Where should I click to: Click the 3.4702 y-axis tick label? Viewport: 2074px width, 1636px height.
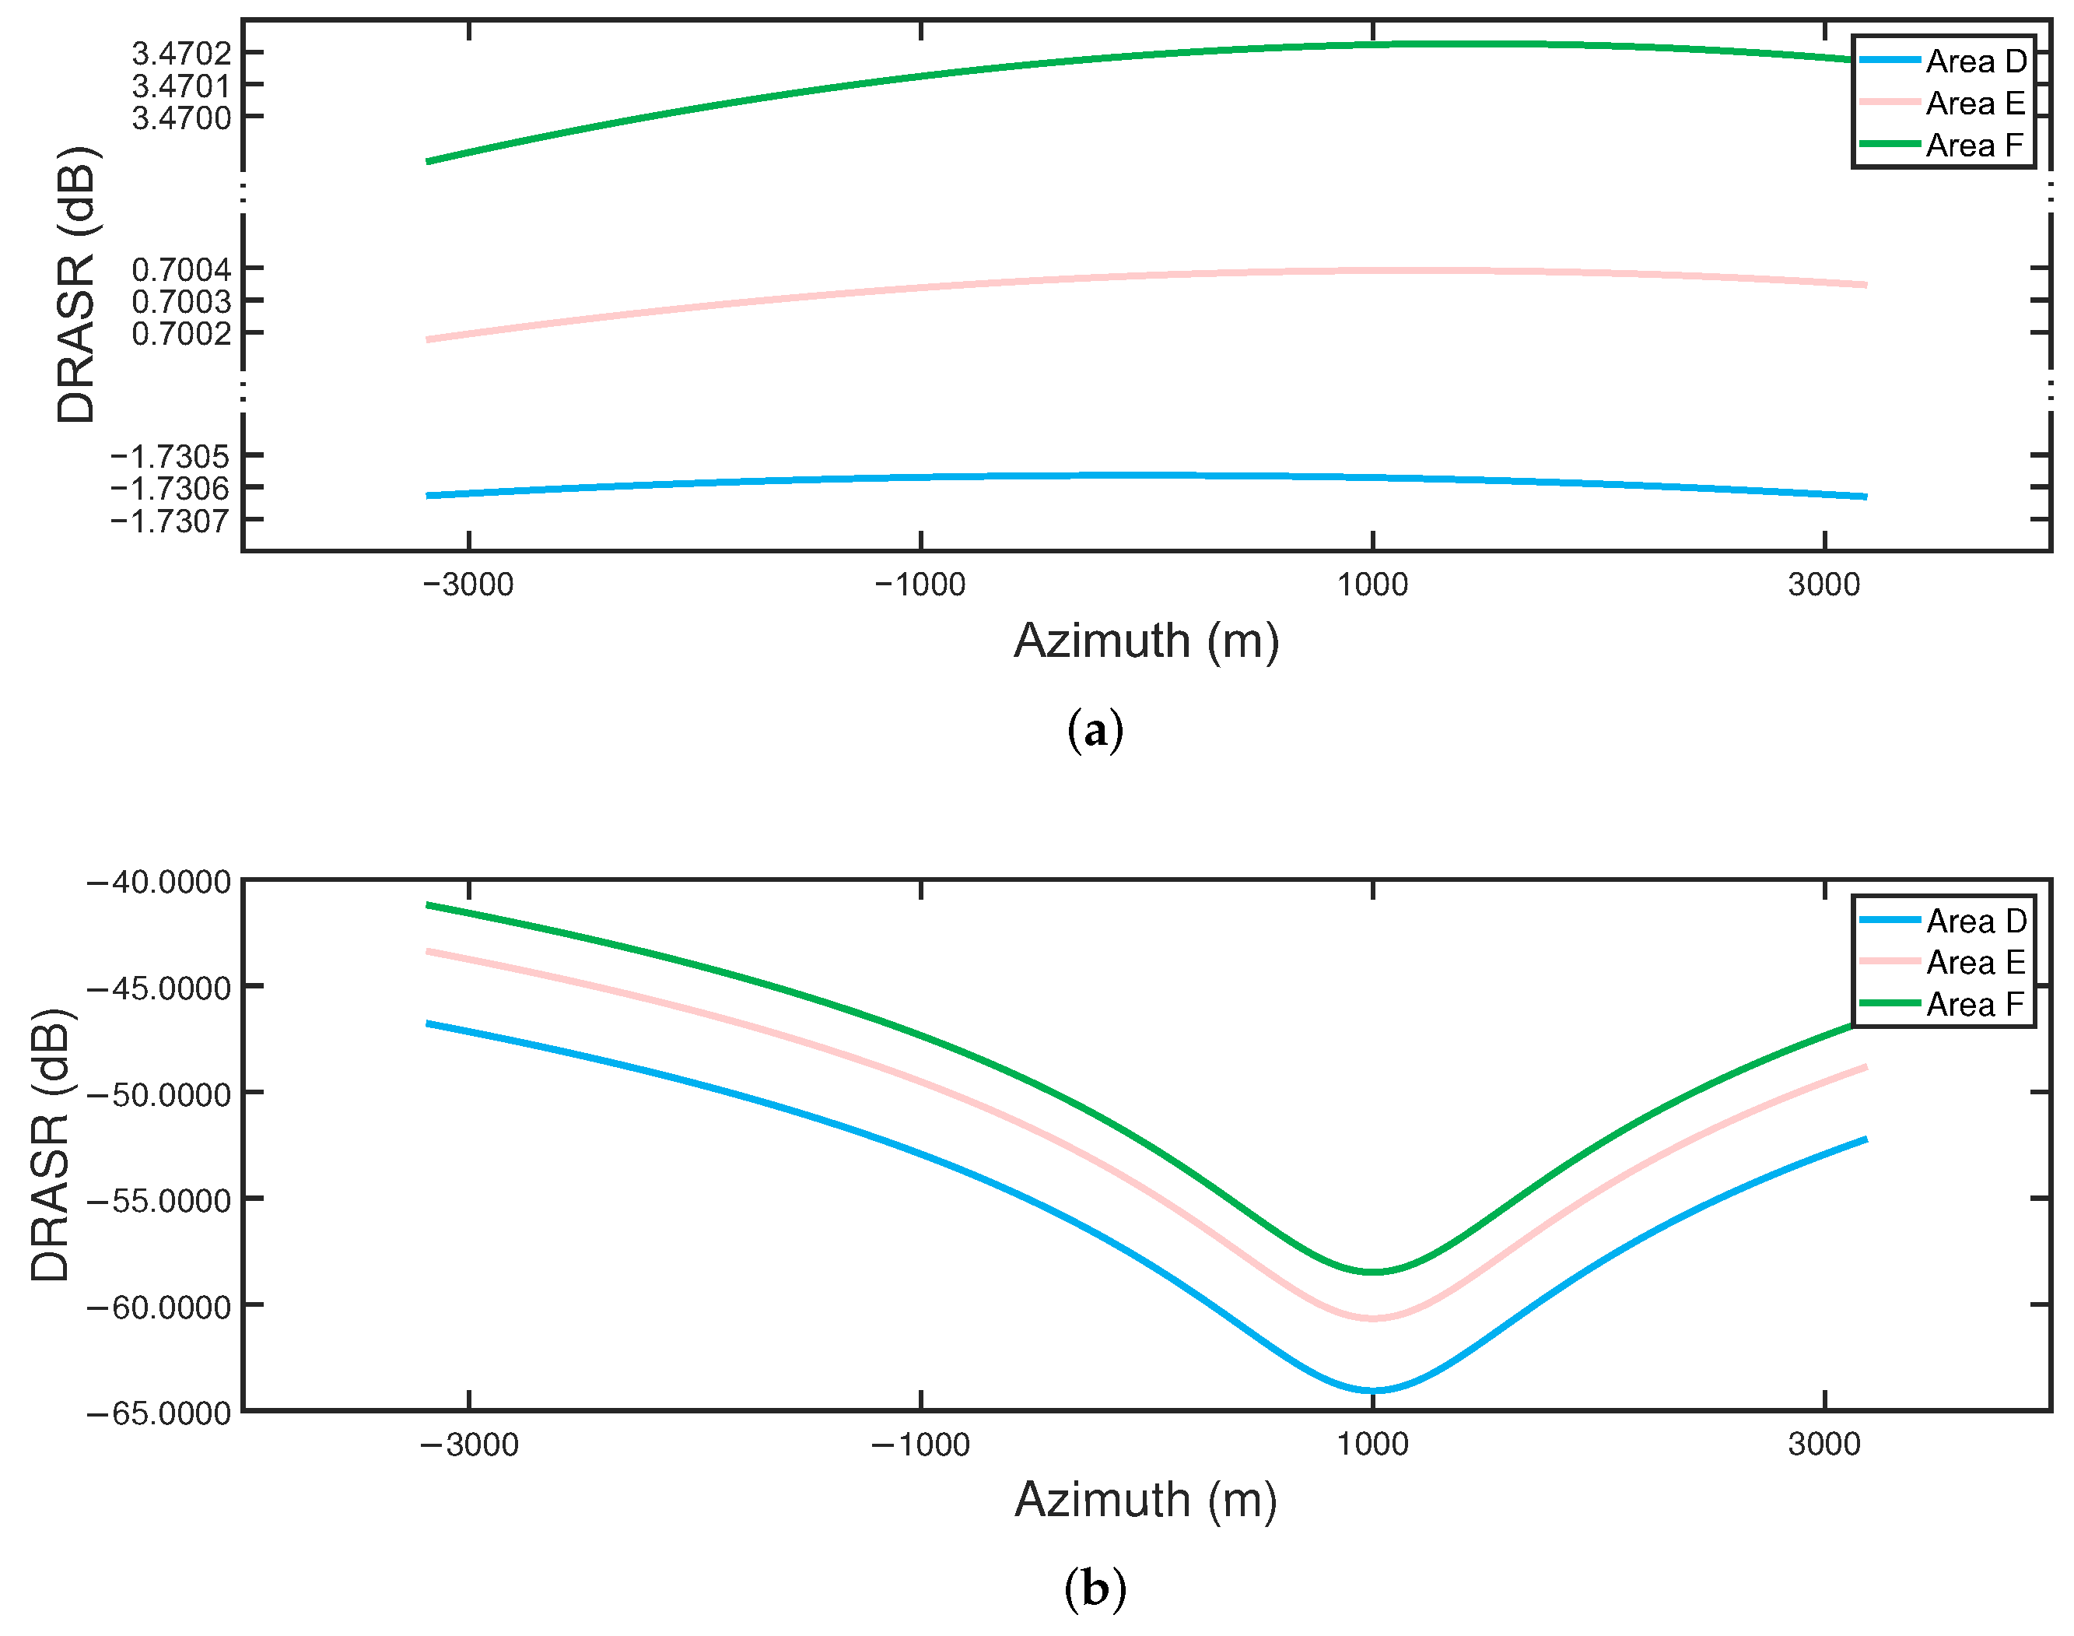click(x=181, y=54)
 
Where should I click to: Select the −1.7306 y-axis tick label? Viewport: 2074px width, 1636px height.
click(x=170, y=489)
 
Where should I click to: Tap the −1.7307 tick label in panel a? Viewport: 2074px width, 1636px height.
click(x=170, y=521)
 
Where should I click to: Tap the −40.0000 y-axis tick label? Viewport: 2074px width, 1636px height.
click(x=159, y=881)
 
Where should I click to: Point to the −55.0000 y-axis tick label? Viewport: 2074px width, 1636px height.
click(x=159, y=1200)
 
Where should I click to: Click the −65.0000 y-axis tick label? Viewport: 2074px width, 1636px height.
click(x=159, y=1413)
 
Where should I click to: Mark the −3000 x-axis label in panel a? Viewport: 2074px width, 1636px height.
click(x=468, y=585)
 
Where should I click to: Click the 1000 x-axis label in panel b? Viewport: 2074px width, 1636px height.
click(x=1372, y=1445)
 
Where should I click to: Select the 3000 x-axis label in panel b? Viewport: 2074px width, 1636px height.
click(x=1824, y=1445)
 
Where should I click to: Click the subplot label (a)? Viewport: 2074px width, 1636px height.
click(x=1095, y=732)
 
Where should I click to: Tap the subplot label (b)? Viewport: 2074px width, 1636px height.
click(x=1095, y=1590)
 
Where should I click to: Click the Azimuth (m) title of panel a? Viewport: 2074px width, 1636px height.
click(x=1146, y=641)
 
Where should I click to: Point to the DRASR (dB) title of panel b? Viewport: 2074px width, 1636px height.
click(x=51, y=1146)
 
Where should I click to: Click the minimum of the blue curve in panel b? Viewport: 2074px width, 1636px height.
click(x=1372, y=1390)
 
